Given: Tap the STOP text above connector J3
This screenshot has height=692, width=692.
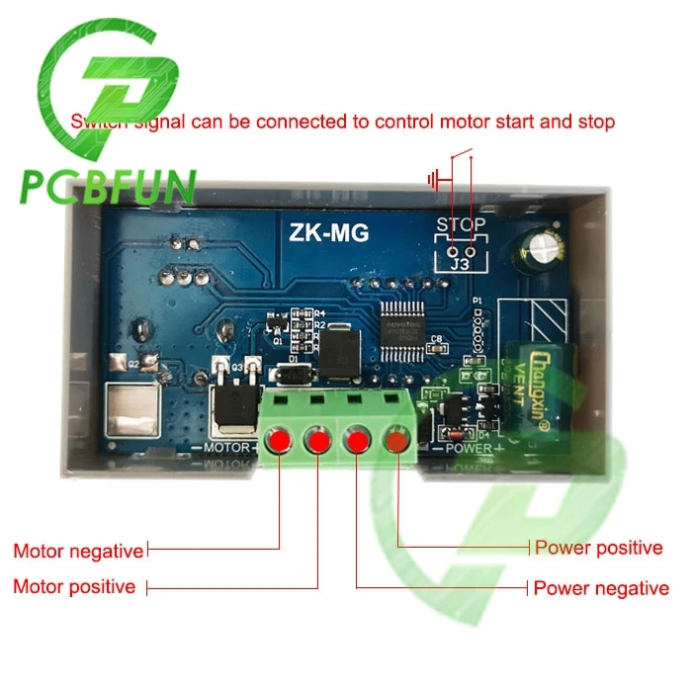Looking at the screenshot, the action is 461,225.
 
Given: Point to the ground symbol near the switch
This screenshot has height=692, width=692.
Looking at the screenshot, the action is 433,180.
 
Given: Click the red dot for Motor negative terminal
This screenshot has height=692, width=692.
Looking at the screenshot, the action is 280,440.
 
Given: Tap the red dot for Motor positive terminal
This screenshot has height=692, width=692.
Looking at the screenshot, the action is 317,440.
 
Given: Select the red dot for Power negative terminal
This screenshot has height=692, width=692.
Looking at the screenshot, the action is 357,440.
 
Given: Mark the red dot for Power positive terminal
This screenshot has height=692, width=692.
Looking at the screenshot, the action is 396,440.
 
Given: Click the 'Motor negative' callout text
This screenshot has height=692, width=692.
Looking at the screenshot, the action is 78,550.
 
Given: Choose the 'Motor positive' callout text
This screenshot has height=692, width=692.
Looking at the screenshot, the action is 74,586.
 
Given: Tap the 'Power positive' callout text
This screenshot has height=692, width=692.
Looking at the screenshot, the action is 598,548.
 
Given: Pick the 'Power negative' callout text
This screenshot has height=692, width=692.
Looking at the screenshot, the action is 601,588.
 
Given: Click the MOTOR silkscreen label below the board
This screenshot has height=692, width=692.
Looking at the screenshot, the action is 229,448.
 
